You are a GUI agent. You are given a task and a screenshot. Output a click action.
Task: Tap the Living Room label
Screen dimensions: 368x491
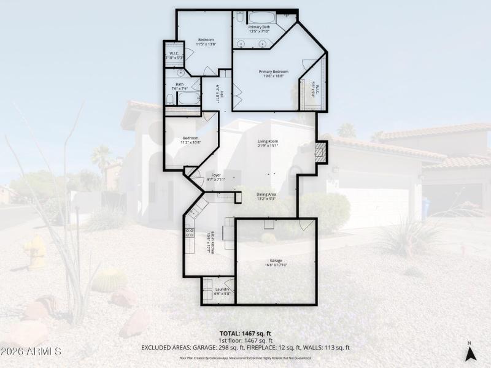pos(268,141)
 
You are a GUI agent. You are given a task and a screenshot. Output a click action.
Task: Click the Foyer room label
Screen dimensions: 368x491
pos(216,175)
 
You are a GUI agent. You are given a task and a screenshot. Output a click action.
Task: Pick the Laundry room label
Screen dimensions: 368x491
pos(222,288)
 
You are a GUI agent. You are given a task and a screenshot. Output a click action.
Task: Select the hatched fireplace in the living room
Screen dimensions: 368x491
pos(320,151)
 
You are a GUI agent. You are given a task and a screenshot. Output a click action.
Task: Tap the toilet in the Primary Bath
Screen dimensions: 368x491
pos(285,17)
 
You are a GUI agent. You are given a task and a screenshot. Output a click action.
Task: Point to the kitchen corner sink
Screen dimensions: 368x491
pos(194,212)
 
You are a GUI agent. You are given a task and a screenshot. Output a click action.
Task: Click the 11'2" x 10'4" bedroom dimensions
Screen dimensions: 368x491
pos(191,142)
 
